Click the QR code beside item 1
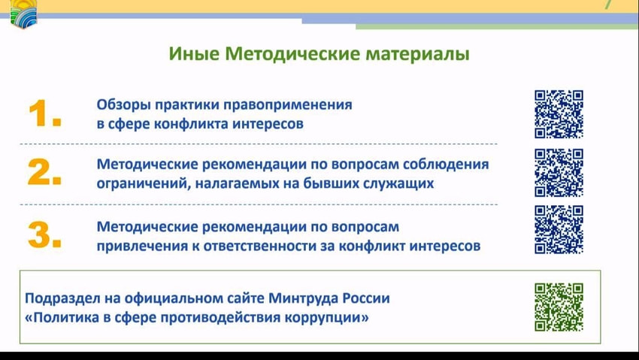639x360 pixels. tap(559, 114)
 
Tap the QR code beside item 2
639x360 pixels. tap(559, 173)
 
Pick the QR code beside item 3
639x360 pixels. tap(559, 230)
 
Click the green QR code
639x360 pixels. tap(559, 307)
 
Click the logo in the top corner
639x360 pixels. tap(23, 14)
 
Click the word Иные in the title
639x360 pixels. tap(194, 54)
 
